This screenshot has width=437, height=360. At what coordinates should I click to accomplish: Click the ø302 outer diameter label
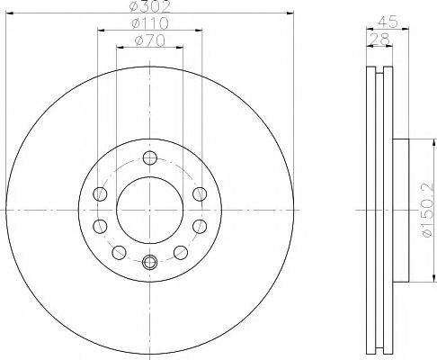150,6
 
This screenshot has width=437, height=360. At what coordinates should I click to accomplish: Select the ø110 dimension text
150,23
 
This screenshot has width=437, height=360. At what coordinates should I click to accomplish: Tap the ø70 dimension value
150,40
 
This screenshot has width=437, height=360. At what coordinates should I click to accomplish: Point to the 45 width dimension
388,22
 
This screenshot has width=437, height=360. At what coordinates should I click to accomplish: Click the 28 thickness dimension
379,39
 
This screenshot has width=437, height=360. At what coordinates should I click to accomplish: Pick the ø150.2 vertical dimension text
428,210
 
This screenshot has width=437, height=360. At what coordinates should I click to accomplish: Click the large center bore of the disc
150,210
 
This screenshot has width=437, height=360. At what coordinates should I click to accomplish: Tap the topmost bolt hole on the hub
150,157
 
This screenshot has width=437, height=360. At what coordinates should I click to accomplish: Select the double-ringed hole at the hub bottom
150,263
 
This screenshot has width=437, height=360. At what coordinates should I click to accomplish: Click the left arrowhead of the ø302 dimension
10,13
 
